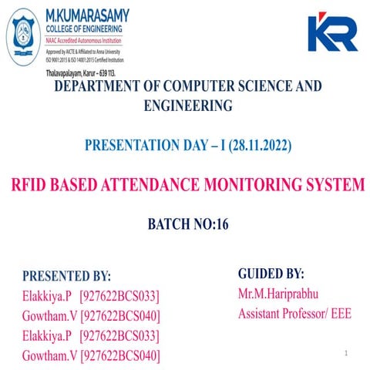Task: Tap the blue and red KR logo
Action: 332,32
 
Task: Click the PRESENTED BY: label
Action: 66,276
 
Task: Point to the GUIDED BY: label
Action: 271,274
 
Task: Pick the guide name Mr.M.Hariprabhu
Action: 277,294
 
